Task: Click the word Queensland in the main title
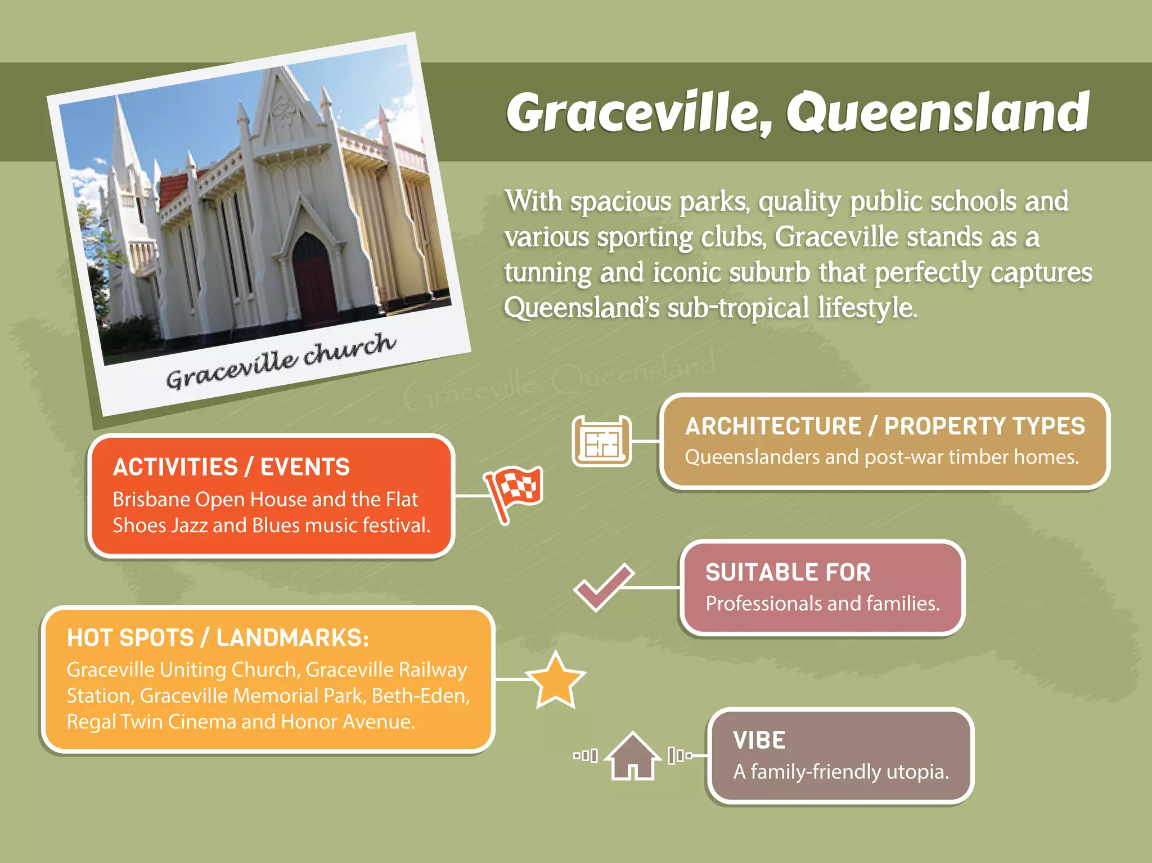coord(938,113)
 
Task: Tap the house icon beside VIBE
coord(633,757)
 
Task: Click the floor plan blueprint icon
coord(601,442)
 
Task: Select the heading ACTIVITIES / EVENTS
coord(231,468)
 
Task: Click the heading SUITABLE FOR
coord(788,573)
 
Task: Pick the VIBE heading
coord(759,740)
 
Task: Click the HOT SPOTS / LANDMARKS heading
coord(218,638)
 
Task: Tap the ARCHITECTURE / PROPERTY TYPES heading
coord(884,426)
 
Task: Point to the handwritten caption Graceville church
coord(281,361)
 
